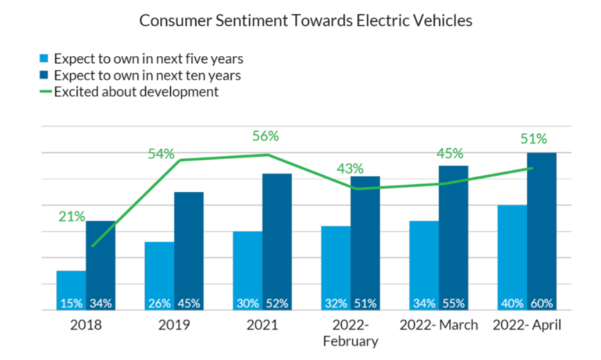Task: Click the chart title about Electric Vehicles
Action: click(306, 21)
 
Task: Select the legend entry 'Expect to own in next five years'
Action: click(148, 59)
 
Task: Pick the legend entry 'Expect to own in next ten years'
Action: click(147, 76)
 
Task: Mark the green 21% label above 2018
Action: click(71, 217)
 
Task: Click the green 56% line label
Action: click(265, 136)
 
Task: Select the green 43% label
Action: click(350, 169)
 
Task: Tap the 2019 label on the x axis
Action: click(174, 325)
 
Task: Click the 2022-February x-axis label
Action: click(351, 332)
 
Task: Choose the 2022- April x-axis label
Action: click(527, 325)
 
